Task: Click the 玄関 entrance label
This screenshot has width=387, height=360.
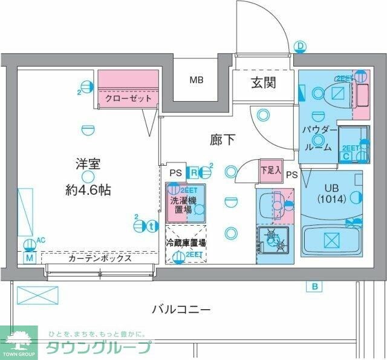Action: click(264, 82)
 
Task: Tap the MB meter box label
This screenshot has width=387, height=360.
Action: click(197, 80)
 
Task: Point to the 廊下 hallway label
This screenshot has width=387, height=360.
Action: click(223, 140)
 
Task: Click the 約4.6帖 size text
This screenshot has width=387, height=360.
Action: click(88, 189)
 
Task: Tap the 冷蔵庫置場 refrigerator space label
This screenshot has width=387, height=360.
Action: click(186, 242)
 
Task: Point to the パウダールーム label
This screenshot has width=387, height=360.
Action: click(318, 137)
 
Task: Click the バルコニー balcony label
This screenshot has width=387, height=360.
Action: click(181, 310)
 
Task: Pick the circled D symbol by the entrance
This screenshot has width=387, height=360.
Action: click(301, 46)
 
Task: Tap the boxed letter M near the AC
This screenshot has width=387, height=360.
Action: click(28, 257)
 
